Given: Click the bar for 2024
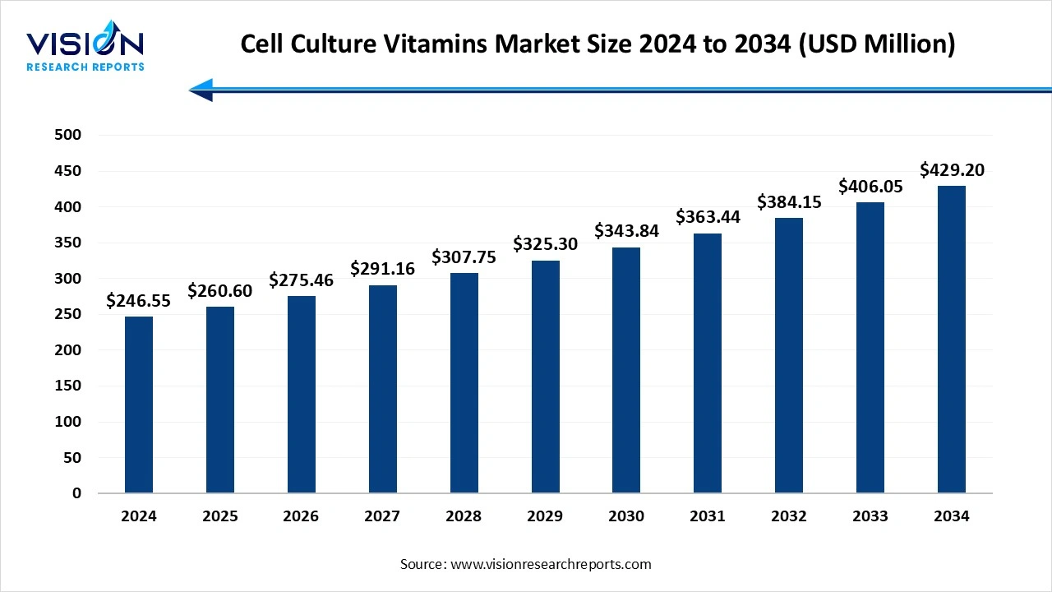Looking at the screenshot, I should click(139, 405).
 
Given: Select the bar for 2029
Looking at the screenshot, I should click(545, 377).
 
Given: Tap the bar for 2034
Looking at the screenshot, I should click(952, 340).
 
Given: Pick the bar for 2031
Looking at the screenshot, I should click(708, 363).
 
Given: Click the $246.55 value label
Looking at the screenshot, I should click(139, 301).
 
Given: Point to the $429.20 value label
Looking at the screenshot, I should click(952, 170).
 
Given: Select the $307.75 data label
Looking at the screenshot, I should click(464, 257).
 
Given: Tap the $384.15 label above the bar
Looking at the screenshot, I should click(789, 201).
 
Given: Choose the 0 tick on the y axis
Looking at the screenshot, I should click(76, 493).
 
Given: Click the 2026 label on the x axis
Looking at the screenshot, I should click(301, 516).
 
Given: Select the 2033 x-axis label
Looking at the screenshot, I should click(870, 516).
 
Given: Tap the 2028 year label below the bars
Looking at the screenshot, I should click(464, 516).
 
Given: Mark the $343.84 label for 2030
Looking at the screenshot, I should click(626, 231).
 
